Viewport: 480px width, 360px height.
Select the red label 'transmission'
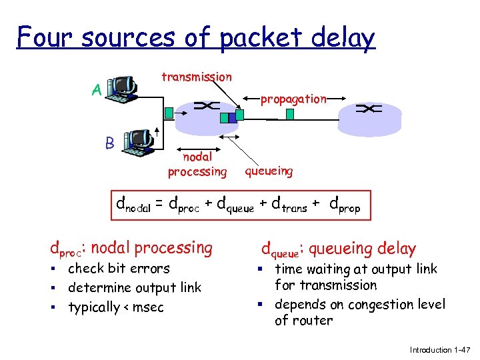click(x=197, y=77)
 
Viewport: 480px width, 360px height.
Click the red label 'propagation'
click(x=293, y=99)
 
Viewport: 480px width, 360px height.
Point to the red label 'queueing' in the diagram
click(x=269, y=171)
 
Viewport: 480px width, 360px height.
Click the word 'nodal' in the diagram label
click(x=197, y=157)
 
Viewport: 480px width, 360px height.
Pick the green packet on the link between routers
click(x=289, y=113)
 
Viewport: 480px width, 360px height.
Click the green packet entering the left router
click(x=169, y=113)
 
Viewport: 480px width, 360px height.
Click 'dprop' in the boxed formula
click(x=345, y=207)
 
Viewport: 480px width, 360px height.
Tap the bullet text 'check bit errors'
click(x=119, y=269)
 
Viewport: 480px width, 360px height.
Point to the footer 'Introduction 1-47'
click(x=440, y=349)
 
